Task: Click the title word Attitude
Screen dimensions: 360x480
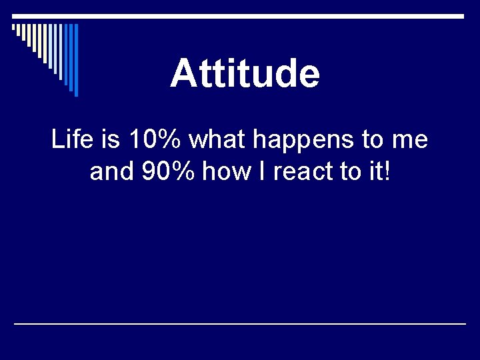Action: pyautogui.click(x=245, y=73)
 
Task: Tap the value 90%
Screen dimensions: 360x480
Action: pyautogui.click(x=169, y=173)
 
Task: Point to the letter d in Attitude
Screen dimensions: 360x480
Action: pyautogui.click(x=283, y=73)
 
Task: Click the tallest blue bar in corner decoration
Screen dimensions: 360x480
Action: pyautogui.click(x=76, y=60)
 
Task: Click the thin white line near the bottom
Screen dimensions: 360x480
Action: pyautogui.click(x=240, y=323)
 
